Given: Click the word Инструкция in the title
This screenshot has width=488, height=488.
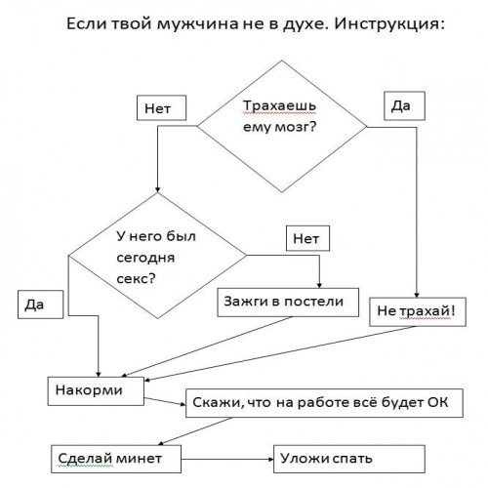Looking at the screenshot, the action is (389, 24).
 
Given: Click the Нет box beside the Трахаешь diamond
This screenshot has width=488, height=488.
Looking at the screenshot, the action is (161, 107).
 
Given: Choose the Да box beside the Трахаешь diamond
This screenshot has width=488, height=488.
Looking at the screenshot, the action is (404, 105).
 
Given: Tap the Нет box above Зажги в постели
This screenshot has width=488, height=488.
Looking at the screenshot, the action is (307, 238).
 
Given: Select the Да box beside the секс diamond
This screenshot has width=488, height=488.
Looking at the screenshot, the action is (40, 305).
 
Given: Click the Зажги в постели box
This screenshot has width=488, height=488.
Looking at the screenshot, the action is (288, 303).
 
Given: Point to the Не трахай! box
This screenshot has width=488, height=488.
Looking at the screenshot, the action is (418, 311).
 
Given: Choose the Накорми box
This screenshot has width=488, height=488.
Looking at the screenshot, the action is (96, 391).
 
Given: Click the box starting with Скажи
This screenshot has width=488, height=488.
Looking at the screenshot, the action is (324, 403).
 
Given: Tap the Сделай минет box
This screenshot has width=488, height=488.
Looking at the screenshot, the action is (116, 459).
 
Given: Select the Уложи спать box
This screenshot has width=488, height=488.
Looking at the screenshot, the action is (349, 459).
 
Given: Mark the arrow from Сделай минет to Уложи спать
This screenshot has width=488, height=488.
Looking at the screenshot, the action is (227, 460).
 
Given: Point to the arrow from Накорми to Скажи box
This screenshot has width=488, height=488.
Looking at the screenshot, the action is (165, 401).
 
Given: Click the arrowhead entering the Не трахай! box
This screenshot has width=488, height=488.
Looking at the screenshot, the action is (417, 295).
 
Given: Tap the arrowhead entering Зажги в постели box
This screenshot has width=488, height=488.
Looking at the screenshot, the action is (319, 285).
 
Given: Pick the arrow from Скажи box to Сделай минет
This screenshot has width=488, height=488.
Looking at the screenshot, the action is (195, 431).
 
